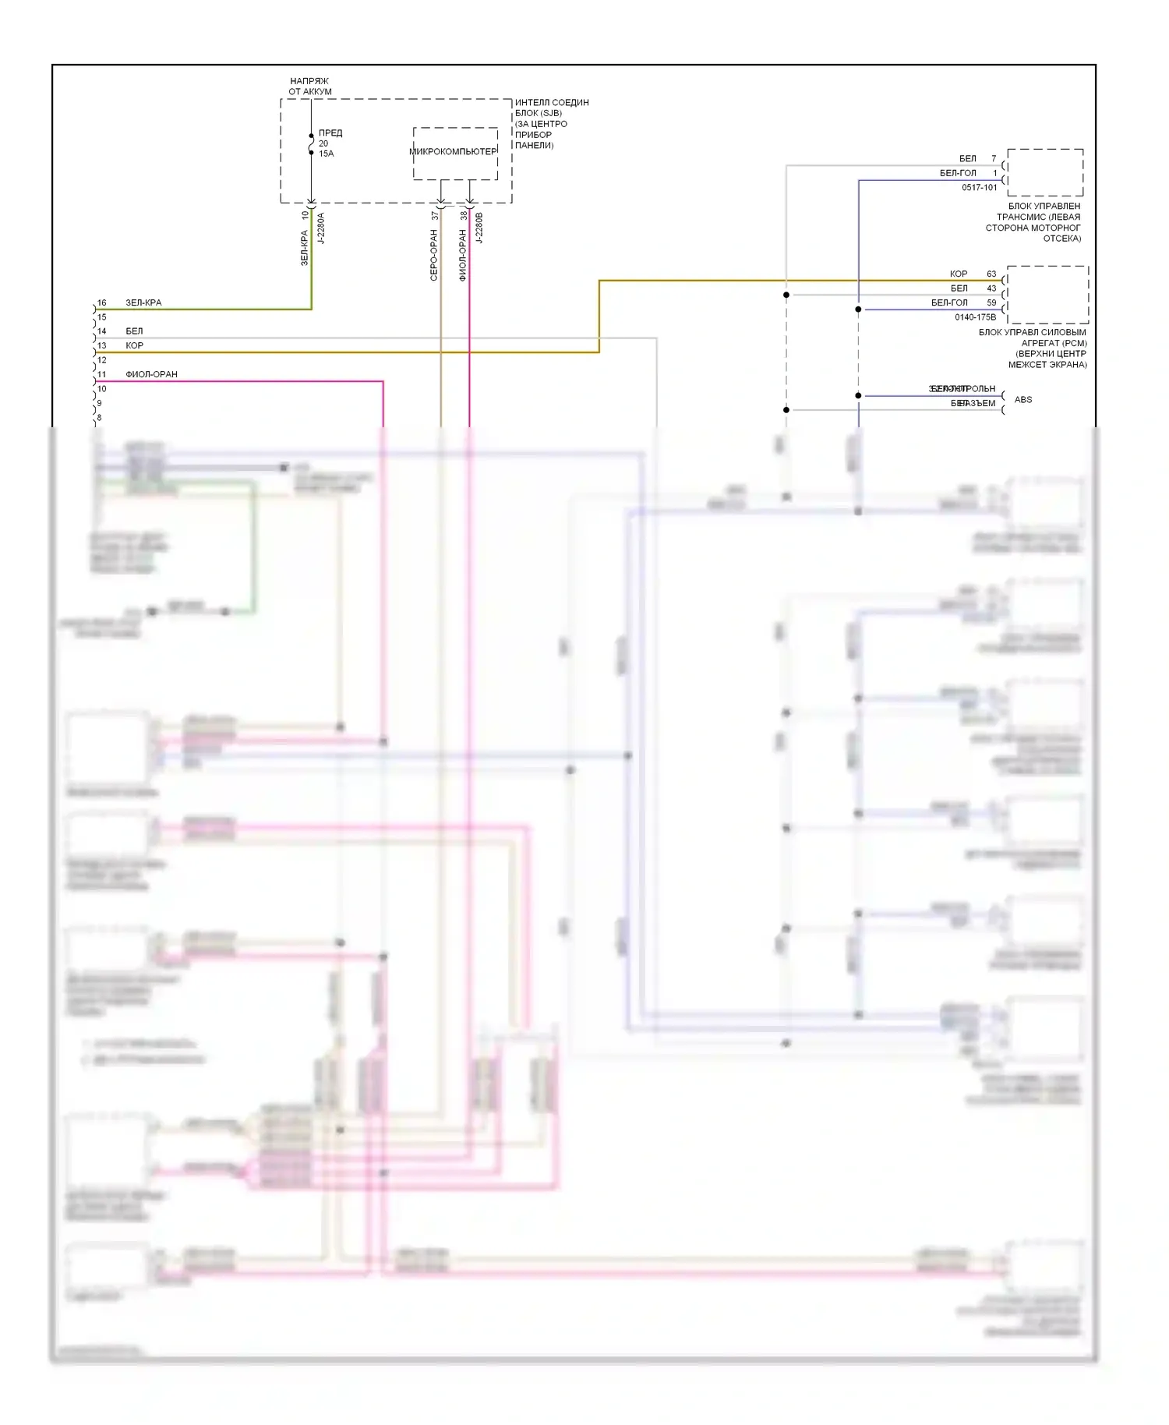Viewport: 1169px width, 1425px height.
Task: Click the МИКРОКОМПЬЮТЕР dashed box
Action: [455, 154]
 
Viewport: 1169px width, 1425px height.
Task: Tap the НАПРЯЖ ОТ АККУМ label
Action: [309, 86]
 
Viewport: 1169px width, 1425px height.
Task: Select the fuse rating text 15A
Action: [326, 154]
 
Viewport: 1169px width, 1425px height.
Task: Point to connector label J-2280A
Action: [321, 228]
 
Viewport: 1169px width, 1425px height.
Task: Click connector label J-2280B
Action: [479, 228]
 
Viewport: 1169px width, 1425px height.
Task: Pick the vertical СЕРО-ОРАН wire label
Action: [434, 255]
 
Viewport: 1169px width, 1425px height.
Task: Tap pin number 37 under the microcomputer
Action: [435, 215]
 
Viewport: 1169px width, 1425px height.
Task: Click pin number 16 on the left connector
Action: [101, 302]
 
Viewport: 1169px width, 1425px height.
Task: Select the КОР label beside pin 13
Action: [134, 345]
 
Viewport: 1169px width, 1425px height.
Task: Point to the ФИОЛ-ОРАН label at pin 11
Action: [151, 374]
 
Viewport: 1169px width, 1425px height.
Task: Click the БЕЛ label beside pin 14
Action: [134, 331]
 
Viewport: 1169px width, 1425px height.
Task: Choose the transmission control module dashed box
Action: [1045, 172]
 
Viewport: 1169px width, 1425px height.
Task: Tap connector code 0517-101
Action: [979, 187]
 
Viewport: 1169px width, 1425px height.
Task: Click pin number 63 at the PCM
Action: [991, 274]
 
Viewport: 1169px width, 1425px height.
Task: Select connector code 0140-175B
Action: [975, 317]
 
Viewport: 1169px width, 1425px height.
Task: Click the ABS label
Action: [1022, 399]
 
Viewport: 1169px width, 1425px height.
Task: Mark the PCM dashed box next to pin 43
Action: [1047, 295]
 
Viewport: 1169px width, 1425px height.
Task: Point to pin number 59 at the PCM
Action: [991, 302]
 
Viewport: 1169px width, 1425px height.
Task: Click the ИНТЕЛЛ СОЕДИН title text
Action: [552, 102]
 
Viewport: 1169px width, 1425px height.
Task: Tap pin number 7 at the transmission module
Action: [994, 158]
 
